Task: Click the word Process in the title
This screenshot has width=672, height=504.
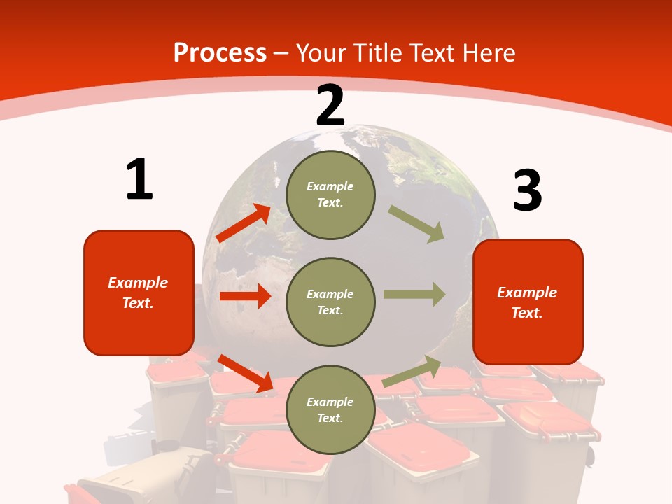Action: tap(220, 52)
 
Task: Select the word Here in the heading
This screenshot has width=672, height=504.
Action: tap(488, 52)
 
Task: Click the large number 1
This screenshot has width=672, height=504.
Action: tap(139, 179)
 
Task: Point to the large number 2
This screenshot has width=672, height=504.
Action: tap(330, 106)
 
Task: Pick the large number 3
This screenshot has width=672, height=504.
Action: tap(527, 190)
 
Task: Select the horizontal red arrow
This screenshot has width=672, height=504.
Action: tap(245, 296)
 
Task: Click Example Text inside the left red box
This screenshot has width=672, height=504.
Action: tap(138, 293)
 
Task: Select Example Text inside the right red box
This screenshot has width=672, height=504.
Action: tap(527, 302)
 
